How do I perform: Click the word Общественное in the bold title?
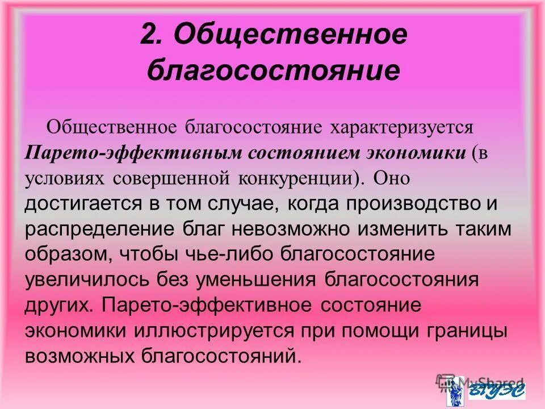(x=290, y=36)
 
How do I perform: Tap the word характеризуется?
(x=405, y=126)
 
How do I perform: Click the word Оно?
(x=392, y=178)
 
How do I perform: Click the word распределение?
(x=91, y=230)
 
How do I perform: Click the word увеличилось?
(x=85, y=281)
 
